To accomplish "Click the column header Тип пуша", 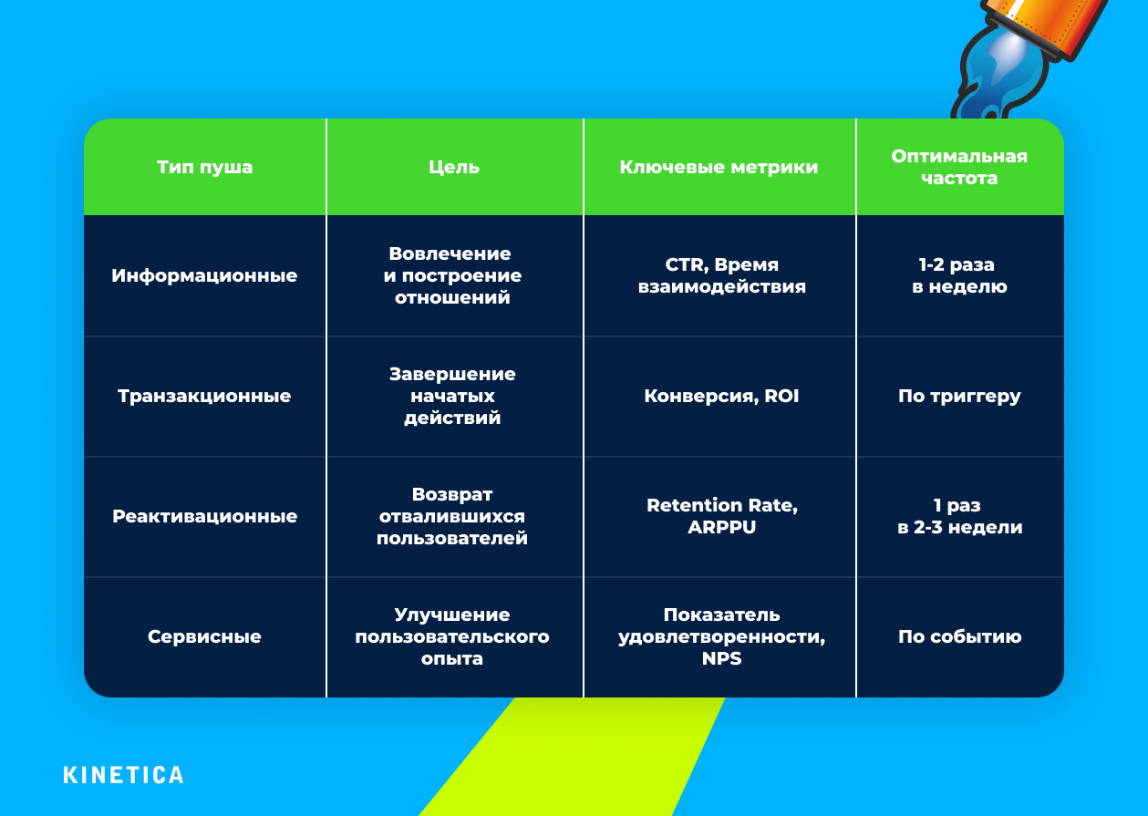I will click(x=204, y=168).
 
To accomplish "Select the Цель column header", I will click(x=454, y=168).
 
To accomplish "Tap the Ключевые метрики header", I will click(x=719, y=168).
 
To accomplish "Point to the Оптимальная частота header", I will click(x=959, y=168).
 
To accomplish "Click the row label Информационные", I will click(x=204, y=275).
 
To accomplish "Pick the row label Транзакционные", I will click(x=204, y=396).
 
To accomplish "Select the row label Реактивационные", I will click(x=204, y=516).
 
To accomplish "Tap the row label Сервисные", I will click(x=204, y=636).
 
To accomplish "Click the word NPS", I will click(x=721, y=658).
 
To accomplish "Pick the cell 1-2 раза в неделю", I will click(x=959, y=275).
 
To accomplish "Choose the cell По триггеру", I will click(x=959, y=396).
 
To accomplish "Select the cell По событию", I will click(x=959, y=636).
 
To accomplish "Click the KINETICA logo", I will click(x=123, y=775).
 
